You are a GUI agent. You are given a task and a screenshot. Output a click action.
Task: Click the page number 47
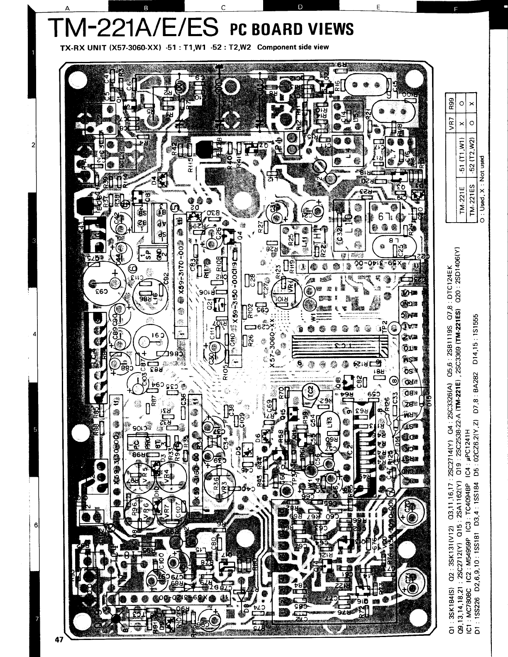pyautogui.click(x=58, y=640)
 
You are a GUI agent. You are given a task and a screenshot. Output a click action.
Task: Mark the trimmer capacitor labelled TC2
pyautogui.click(x=310, y=390)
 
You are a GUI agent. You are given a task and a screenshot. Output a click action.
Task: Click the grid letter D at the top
pyautogui.click(x=300, y=7)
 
